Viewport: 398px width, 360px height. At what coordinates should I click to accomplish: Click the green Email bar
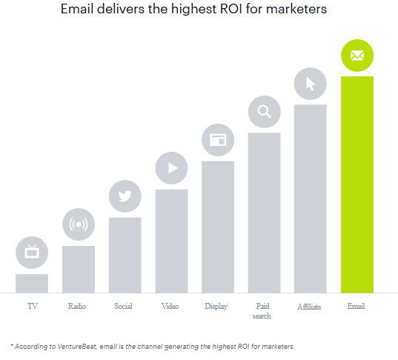[356, 185]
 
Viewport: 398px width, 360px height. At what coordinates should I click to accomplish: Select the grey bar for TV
[32, 283]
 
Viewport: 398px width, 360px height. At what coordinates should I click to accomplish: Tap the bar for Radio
[78, 269]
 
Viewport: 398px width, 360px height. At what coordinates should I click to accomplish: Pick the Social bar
[125, 255]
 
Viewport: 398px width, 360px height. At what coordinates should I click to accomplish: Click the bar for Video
[171, 241]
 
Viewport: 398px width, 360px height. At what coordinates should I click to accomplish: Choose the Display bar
[218, 227]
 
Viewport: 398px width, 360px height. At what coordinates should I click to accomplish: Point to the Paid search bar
[264, 213]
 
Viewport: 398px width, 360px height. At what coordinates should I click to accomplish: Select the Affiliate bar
[311, 199]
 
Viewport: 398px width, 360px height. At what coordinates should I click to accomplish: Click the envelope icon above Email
[357, 55]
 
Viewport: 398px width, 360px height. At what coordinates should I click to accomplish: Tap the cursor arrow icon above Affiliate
[311, 84]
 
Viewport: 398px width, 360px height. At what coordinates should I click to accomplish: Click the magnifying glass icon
[264, 112]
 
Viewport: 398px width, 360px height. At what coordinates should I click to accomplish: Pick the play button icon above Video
[172, 168]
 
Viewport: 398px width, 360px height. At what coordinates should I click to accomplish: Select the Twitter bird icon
[125, 196]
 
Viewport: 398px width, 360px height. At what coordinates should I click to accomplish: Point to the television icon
[32, 253]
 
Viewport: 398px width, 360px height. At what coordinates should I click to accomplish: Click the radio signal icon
[78, 224]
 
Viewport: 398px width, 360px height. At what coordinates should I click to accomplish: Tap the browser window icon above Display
[218, 140]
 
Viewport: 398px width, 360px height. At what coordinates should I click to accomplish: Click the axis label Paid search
[263, 311]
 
